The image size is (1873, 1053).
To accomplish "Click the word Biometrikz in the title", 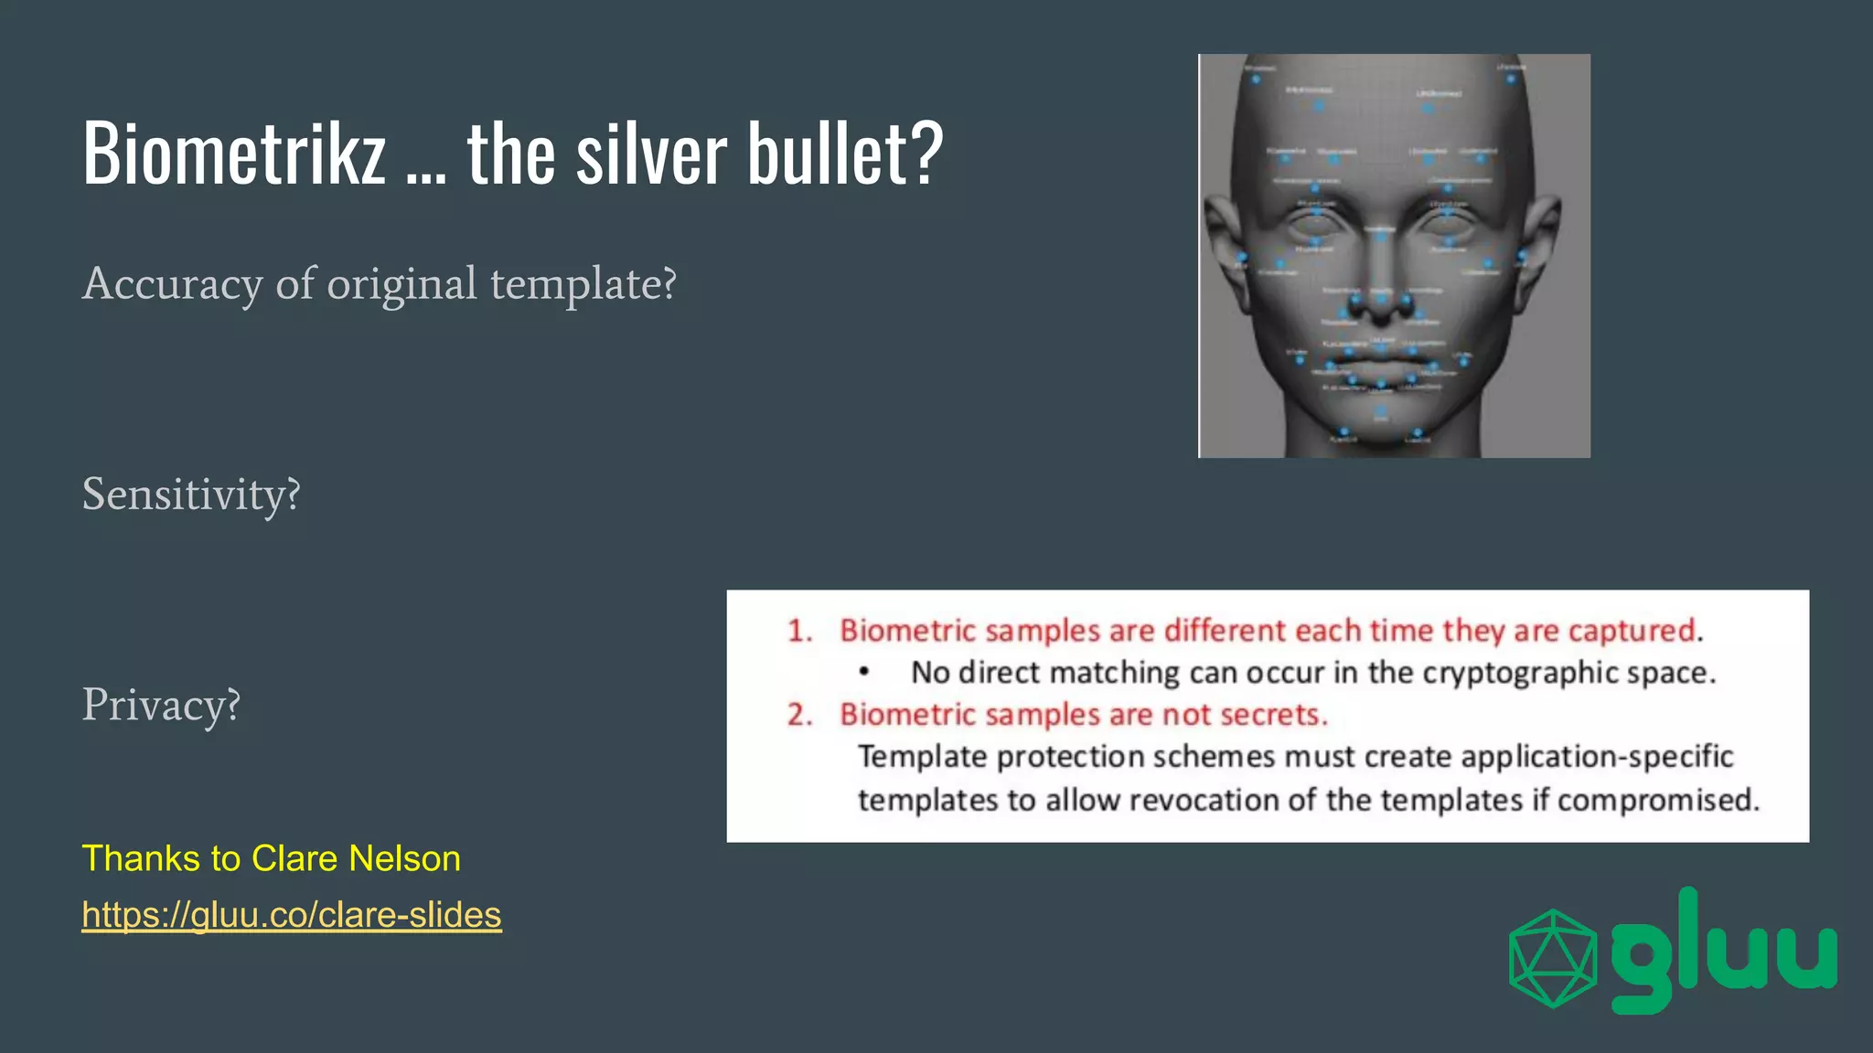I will pos(234,153).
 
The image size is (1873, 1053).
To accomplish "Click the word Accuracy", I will pos(172,284).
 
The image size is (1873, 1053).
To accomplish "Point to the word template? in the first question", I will pos(583,284).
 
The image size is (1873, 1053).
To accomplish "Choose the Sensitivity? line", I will pos(191,495).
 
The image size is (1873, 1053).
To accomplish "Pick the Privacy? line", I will pos(161,705).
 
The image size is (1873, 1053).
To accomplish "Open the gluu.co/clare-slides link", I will pos(292,914).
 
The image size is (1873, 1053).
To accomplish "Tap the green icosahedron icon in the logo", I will pos(1552,957).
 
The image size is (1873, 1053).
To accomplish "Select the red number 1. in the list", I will pos(800,631).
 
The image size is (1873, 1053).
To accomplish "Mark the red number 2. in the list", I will pos(800,714).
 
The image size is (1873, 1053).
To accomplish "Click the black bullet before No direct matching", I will pos(864,673).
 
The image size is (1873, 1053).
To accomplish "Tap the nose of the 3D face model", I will pos(1381,292).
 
